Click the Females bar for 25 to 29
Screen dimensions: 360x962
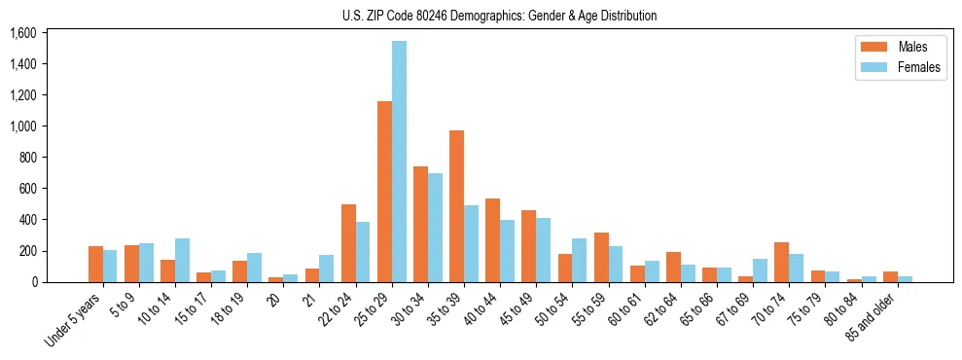point(399,162)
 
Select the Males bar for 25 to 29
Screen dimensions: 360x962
point(384,192)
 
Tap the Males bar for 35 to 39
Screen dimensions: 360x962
point(456,206)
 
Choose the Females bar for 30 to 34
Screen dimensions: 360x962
point(435,228)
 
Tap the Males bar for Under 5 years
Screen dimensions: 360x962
point(95,264)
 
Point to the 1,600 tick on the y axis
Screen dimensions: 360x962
point(22,33)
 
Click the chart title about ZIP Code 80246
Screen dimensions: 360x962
point(500,16)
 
